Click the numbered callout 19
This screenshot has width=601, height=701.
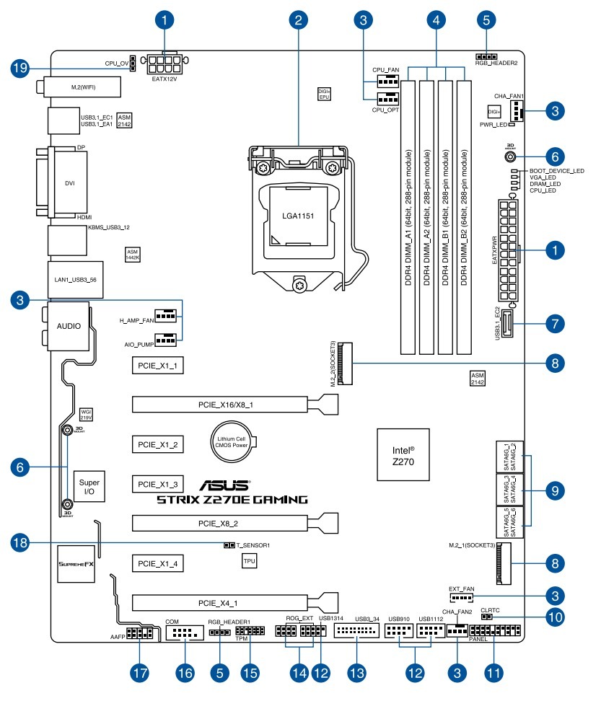click(23, 69)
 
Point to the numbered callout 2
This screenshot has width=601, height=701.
click(297, 21)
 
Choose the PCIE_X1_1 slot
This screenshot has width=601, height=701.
click(157, 366)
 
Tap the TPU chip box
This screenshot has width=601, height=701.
click(250, 560)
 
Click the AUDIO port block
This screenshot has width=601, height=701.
click(69, 325)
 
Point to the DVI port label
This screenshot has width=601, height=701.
click(69, 182)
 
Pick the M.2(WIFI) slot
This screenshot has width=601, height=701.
click(83, 87)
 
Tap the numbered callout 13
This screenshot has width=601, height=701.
click(356, 673)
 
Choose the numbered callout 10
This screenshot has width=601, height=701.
click(554, 617)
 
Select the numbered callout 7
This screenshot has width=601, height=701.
click(554, 323)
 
